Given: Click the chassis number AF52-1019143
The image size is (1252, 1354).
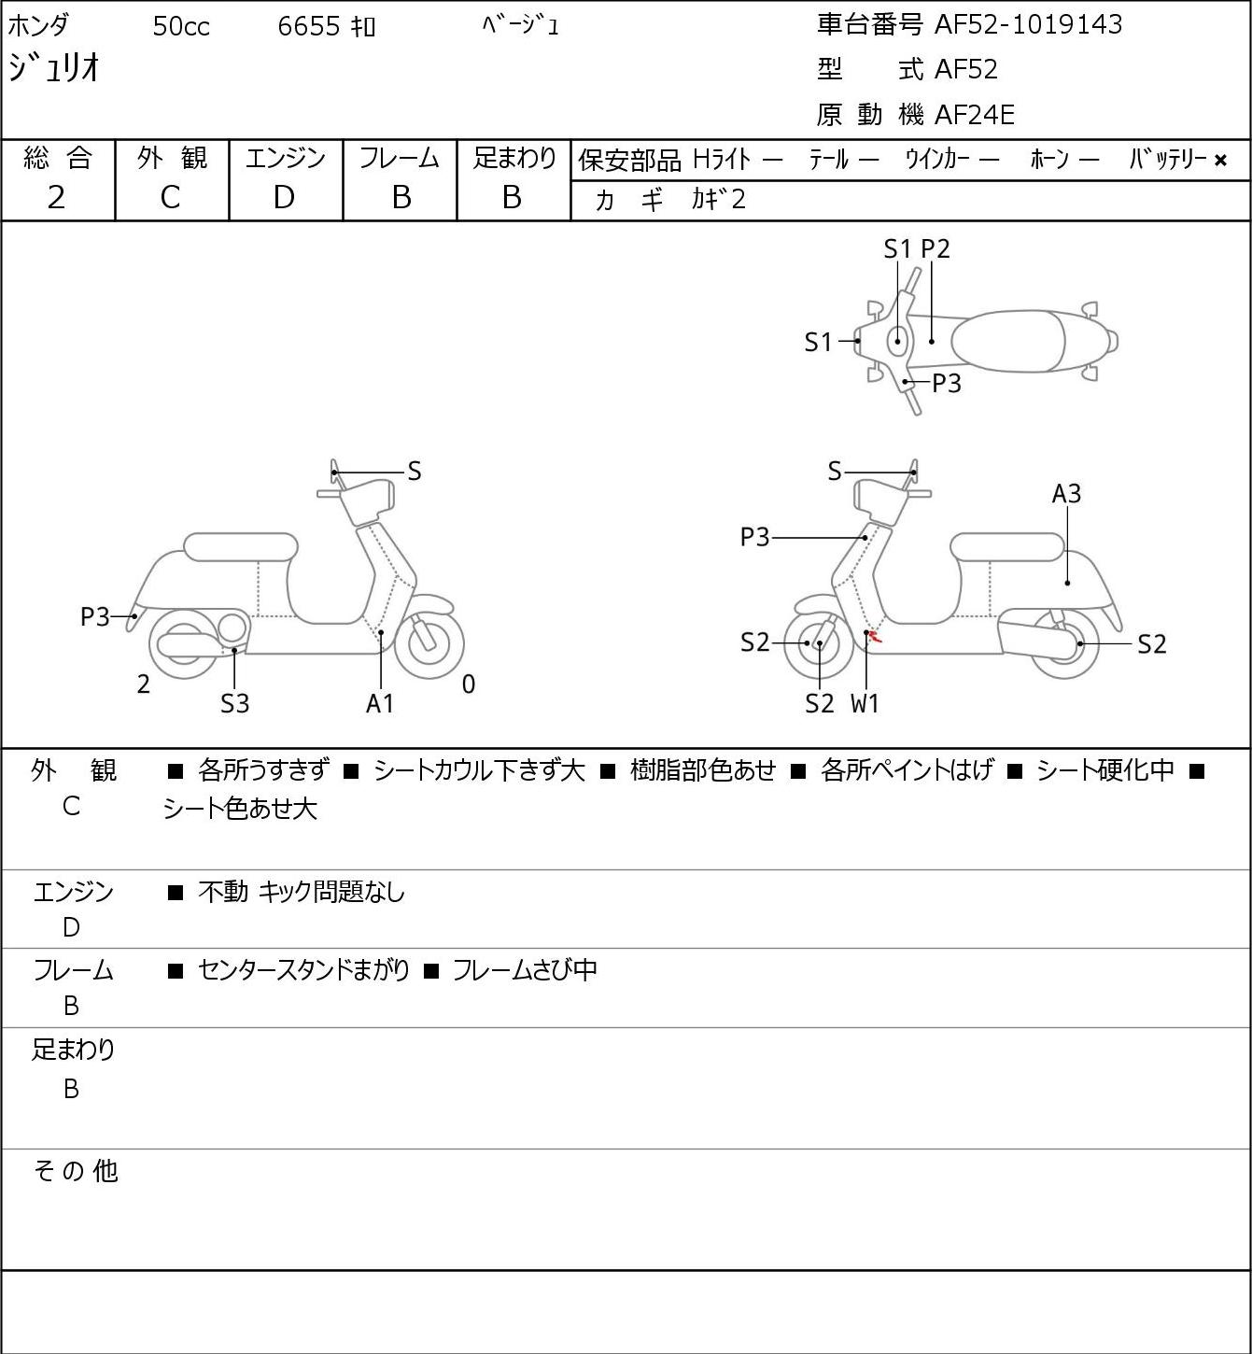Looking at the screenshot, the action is (1028, 24).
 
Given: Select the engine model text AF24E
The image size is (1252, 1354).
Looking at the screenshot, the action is (975, 115).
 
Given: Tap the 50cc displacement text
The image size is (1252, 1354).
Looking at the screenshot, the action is (181, 26).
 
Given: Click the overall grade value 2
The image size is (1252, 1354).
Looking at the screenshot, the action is (56, 198).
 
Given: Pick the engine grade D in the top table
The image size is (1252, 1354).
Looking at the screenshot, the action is (284, 198).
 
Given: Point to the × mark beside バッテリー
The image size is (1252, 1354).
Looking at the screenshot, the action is (1220, 161).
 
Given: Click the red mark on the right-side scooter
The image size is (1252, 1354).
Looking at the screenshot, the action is (875, 638).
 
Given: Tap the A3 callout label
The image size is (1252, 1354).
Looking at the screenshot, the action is (1066, 494).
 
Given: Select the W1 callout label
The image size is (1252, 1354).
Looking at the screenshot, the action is (865, 703).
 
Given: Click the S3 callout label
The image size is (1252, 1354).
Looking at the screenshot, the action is (234, 703).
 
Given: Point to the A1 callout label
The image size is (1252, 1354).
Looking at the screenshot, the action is (380, 703).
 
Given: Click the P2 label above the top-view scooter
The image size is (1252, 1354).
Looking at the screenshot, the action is (935, 248).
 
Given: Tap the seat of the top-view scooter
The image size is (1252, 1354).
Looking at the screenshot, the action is (1008, 341).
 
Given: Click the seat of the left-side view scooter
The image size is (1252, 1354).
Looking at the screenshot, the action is (241, 547).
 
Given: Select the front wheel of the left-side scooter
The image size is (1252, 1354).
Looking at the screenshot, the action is (429, 643).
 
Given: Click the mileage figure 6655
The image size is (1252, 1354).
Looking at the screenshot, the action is (308, 26).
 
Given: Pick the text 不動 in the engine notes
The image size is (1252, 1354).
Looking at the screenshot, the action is (223, 892).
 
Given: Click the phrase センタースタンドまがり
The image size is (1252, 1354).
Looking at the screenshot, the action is (303, 969).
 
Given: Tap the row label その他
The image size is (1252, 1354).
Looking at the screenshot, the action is (76, 1171).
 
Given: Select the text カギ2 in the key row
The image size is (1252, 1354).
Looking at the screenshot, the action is (719, 200).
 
